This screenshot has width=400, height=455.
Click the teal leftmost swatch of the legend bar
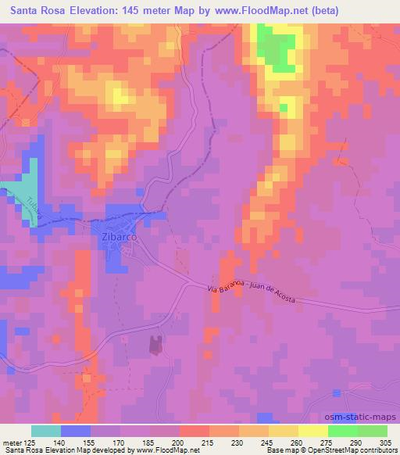click(46, 431)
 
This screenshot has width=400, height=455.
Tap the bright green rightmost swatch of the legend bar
click(373, 431)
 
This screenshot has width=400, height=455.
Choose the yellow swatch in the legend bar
click(284, 431)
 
